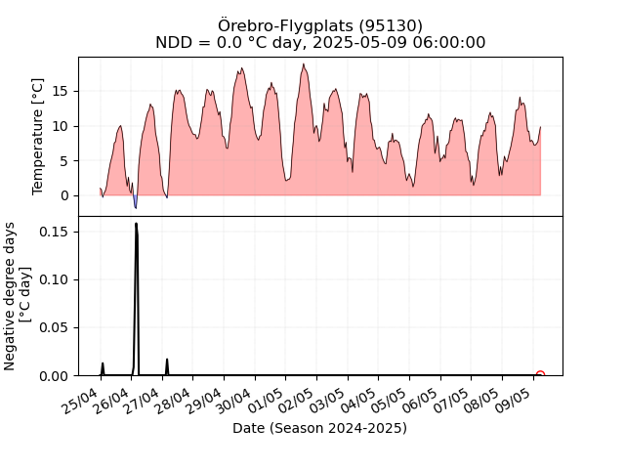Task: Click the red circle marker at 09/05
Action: coord(540,374)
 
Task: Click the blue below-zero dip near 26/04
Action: coord(135,201)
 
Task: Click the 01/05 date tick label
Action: coord(267,401)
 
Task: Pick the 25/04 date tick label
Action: coord(81,401)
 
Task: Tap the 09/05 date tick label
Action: coord(514,401)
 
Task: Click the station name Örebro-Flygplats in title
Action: coord(286,26)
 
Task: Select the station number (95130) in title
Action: coord(391,26)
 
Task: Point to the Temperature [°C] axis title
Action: coord(37,137)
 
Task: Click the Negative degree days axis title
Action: coord(9,296)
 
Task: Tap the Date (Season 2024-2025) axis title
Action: coord(319,428)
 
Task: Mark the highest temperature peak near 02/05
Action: coord(304,64)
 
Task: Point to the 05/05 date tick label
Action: coord(390,401)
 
